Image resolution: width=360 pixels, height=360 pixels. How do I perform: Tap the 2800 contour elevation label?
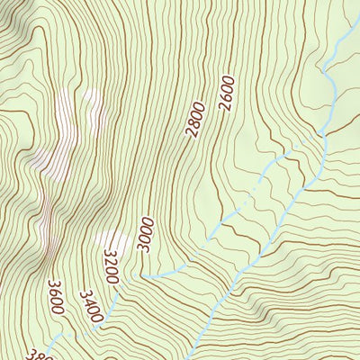196,120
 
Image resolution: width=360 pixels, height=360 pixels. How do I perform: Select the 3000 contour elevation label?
147,235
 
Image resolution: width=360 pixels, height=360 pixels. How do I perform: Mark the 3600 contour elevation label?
55,297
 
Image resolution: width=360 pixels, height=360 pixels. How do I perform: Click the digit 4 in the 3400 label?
87,299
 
